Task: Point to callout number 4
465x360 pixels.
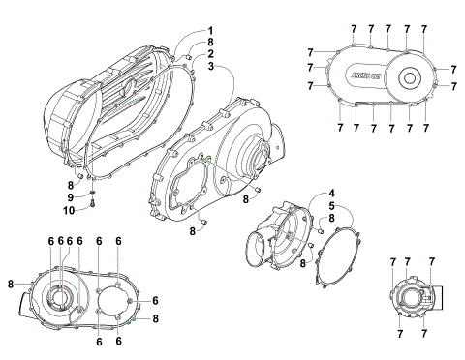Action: click(331, 193)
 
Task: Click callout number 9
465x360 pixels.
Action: click(70, 197)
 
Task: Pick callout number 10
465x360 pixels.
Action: click(70, 210)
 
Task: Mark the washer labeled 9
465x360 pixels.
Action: click(89, 192)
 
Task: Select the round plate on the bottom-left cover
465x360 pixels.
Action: click(113, 295)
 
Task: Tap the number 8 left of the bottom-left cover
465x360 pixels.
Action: click(10, 284)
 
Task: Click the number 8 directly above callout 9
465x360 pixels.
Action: click(70, 185)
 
